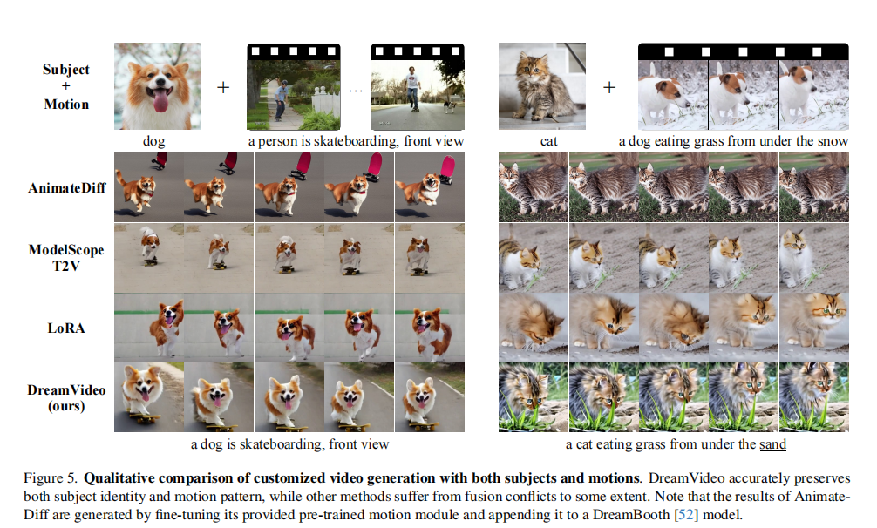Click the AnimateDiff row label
66,187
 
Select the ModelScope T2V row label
66,258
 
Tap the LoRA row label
66,328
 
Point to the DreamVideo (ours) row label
66,397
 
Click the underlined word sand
772,444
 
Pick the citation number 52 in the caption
687,514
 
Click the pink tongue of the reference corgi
160,101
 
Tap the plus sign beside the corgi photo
223,87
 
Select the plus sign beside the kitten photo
609,87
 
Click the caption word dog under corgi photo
153,141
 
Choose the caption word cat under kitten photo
548,141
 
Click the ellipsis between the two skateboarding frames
356,91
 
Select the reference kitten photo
542,86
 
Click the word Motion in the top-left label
66,105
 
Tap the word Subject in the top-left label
66,70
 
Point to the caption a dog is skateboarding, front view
289,444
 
